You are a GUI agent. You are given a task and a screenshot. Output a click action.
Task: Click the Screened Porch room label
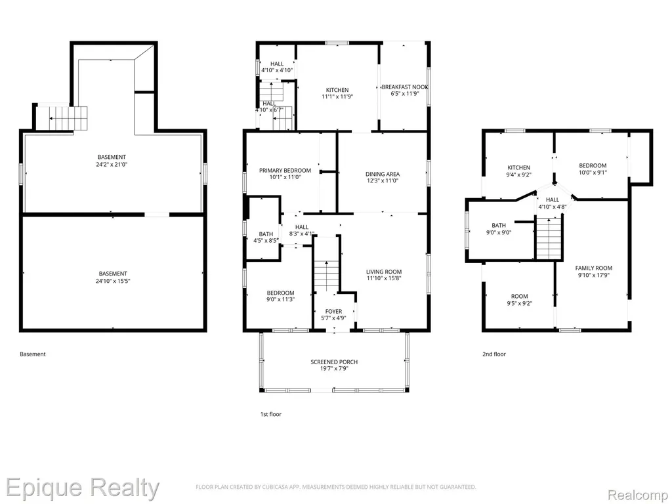click(334, 362)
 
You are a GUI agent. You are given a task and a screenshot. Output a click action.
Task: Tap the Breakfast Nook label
click(404, 87)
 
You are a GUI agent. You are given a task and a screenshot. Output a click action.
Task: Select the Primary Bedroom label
click(285, 171)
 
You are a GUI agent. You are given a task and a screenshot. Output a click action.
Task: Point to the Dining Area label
click(383, 174)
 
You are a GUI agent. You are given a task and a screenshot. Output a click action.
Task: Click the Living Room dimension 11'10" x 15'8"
click(384, 278)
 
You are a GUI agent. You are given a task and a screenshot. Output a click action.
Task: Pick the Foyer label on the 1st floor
click(334, 312)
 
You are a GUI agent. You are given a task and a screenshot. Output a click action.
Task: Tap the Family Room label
click(594, 268)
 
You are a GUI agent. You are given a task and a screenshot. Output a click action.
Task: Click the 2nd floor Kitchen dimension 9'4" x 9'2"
click(519, 175)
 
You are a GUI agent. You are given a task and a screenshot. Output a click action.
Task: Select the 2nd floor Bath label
click(499, 226)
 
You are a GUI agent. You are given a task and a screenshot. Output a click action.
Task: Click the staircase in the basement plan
click(68, 119)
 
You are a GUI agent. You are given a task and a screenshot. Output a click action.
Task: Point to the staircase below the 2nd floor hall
click(549, 239)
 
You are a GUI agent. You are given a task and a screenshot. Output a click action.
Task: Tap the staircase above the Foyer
click(327, 276)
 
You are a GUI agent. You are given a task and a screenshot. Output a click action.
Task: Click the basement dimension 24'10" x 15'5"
click(113, 281)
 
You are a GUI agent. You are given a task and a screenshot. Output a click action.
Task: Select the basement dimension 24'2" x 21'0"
click(112, 164)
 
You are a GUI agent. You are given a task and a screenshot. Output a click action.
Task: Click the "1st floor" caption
click(271, 415)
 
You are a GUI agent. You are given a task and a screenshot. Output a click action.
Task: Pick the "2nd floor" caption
click(494, 354)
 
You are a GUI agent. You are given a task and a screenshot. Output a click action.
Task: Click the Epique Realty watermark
click(82, 488)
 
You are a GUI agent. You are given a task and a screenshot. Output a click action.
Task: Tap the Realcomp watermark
click(638, 495)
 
